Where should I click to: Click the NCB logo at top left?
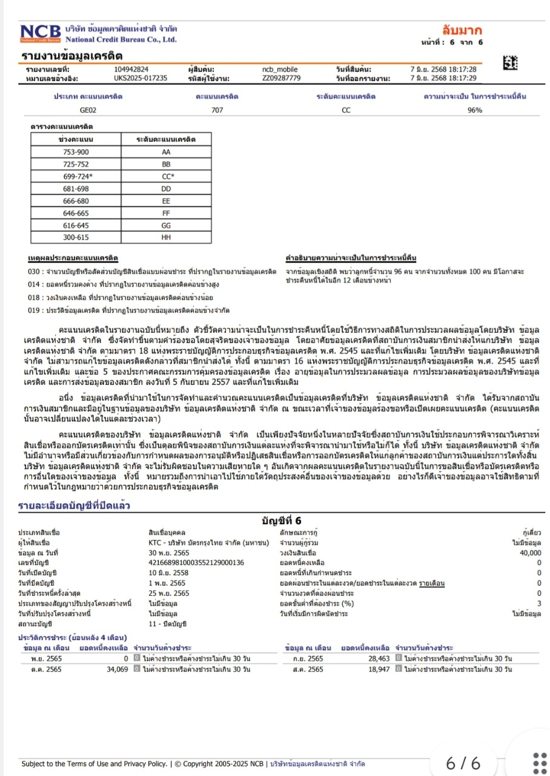(40, 33)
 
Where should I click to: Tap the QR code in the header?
(510, 62)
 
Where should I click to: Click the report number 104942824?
(131, 69)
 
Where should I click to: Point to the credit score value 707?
(217, 110)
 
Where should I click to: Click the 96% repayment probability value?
(474, 110)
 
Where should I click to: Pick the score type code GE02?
(88, 110)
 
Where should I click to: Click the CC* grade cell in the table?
(167, 176)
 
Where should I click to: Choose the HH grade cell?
(167, 238)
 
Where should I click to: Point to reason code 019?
(34, 310)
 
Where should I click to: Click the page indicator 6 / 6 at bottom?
(463, 762)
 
